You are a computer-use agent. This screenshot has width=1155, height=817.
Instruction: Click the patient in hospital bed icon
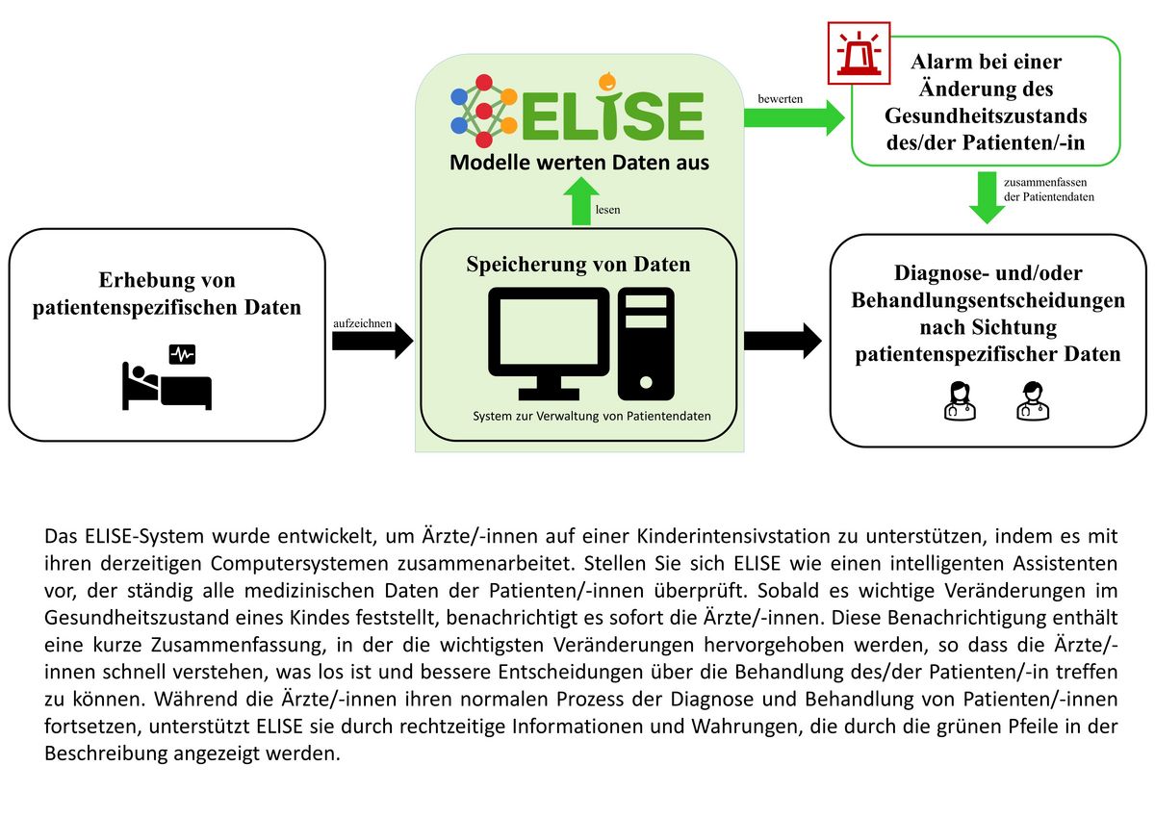[x=166, y=386]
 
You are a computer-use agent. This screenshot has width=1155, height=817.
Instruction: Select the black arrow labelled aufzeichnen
[x=372, y=342]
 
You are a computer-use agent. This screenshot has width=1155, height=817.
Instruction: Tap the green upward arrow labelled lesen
[x=580, y=203]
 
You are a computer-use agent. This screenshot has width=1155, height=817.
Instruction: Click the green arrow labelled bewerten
[x=794, y=117]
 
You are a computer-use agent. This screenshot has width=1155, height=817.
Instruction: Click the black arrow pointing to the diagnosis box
[x=783, y=340]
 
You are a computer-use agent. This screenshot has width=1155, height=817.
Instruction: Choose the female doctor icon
[x=959, y=400]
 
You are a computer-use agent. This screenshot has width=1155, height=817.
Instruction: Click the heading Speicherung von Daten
[x=578, y=264]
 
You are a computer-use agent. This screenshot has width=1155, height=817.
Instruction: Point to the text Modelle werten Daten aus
[x=579, y=162]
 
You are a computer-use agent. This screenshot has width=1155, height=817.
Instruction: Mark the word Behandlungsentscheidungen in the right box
[x=988, y=300]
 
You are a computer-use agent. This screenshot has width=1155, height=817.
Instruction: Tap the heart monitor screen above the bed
[x=182, y=355]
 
